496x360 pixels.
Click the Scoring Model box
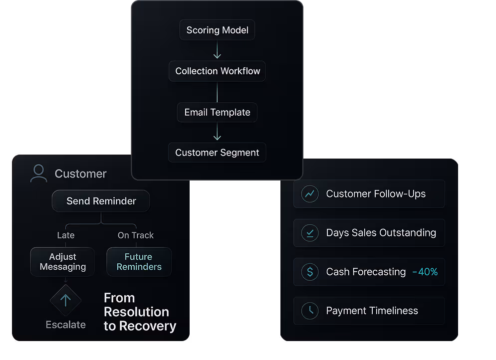click(x=217, y=30)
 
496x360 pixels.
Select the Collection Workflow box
click(x=217, y=71)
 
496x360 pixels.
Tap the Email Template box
click(x=217, y=112)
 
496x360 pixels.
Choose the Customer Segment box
click(x=217, y=153)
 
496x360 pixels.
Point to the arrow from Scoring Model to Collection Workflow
click(x=217, y=50)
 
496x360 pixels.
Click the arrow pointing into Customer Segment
click(x=217, y=133)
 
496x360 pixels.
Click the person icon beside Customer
click(x=38, y=174)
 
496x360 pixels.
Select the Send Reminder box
click(x=101, y=201)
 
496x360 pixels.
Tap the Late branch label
click(x=66, y=235)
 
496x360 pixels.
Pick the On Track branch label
click(x=136, y=235)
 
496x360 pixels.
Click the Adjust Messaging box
click(x=63, y=262)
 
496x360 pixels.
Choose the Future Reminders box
click(x=139, y=262)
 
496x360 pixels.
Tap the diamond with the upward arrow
click(x=65, y=300)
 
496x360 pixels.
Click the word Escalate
click(x=65, y=325)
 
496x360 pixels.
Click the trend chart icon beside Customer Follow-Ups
click(x=310, y=194)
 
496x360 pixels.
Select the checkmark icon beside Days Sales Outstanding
click(x=310, y=233)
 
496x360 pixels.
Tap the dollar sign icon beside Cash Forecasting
click(x=310, y=272)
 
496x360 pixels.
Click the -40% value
click(x=425, y=272)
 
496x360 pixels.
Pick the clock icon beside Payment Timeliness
click(x=310, y=311)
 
